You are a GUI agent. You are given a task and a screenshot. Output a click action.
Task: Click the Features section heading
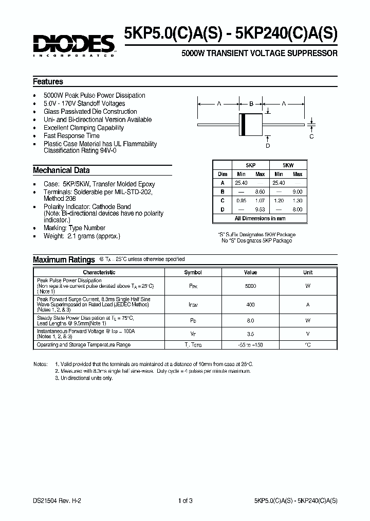[48, 82]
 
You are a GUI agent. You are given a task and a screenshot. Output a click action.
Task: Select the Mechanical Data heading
[61, 170]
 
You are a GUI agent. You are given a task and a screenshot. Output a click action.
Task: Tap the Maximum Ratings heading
[64, 260]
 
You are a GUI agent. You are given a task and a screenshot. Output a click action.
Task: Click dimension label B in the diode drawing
[251, 104]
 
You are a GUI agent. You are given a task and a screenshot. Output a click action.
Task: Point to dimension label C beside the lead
[311, 136]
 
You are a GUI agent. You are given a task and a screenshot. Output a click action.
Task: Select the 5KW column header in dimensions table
[288, 166]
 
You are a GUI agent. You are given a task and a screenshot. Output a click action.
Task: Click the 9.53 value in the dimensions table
[260, 210]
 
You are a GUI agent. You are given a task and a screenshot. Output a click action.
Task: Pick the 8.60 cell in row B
[260, 192]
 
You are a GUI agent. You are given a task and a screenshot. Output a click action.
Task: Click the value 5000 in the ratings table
[250, 286]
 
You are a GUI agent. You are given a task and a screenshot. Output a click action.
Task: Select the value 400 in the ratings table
[250, 305]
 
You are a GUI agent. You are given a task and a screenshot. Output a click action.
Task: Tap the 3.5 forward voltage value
[250, 334]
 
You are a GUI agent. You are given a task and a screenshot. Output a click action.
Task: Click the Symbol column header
[193, 272]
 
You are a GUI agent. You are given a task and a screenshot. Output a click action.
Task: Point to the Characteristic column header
[99, 272]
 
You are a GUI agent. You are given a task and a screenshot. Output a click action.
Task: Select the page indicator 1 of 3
[185, 500]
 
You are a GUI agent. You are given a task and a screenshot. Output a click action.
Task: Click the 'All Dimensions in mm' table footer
[260, 218]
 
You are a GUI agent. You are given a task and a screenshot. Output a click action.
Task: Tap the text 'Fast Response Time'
[71, 136]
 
